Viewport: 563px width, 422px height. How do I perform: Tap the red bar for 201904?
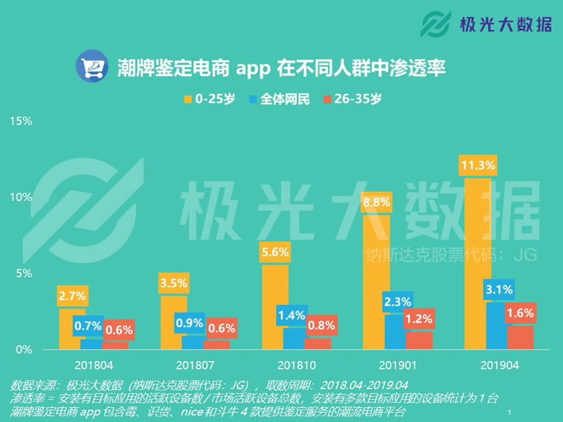click(520, 337)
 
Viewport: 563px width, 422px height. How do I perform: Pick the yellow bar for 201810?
click(275, 307)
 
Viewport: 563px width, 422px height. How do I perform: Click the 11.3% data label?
click(478, 166)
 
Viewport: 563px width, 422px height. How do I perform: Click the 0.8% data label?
click(321, 326)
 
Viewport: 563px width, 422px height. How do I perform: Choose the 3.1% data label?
click(499, 289)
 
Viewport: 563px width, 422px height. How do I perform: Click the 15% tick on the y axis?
click(21, 121)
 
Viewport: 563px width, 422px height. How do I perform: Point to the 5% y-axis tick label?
click(23, 274)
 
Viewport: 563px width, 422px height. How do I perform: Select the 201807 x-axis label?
click(194, 365)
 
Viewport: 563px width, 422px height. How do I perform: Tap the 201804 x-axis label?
click(94, 365)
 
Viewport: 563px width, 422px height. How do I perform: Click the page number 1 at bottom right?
click(509, 412)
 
